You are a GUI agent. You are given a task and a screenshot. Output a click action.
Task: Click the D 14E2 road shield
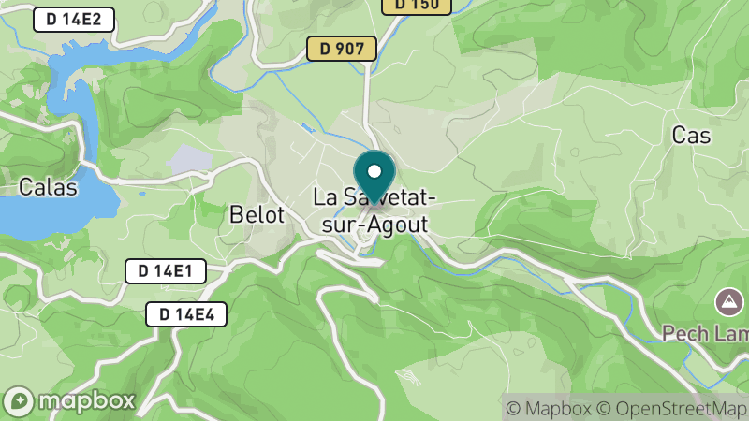(74, 20)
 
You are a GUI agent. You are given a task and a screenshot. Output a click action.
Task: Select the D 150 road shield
(417, 5)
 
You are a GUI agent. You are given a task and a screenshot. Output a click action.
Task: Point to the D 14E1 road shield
(165, 271)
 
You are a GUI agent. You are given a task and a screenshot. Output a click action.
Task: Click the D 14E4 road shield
(186, 314)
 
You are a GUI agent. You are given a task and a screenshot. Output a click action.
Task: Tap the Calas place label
(48, 187)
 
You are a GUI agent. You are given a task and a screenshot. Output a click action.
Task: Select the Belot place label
(257, 215)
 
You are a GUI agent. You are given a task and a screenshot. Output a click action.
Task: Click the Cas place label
(691, 136)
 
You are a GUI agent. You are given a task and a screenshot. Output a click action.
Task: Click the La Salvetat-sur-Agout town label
(372, 211)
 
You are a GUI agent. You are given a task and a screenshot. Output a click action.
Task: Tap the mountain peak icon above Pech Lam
(727, 302)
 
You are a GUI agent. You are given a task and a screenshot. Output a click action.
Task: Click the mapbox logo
(69, 400)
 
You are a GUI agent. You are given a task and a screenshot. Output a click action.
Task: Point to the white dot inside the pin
(374, 171)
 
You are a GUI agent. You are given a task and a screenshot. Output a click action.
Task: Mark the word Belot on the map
(257, 215)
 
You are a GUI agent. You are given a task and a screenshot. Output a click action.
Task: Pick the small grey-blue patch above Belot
(190, 158)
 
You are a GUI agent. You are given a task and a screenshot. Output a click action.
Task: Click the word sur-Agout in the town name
(372, 225)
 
